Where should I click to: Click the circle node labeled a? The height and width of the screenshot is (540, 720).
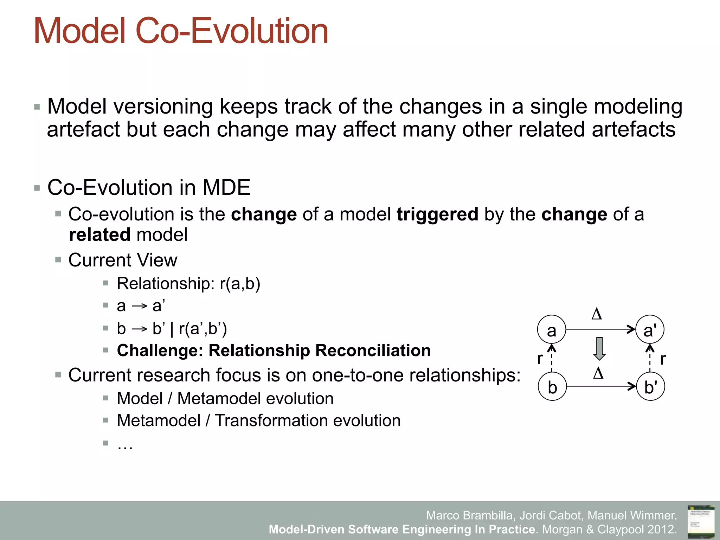coord(551,329)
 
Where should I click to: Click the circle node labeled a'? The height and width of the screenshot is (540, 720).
coord(650,329)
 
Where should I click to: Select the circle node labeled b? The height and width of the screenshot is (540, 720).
coord(552,386)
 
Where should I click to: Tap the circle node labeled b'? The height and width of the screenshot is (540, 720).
coord(650,386)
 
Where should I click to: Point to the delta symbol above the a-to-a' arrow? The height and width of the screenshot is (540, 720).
coord(597,314)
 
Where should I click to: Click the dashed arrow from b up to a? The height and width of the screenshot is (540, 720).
coord(552,358)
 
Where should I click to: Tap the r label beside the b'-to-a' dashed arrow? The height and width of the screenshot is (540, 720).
coord(663,359)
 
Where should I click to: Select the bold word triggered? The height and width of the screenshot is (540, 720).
coord(437,214)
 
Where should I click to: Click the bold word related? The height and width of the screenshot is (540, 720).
coord(99,235)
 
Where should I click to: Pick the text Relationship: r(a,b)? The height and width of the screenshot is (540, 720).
coord(188,283)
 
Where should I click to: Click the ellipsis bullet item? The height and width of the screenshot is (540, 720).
coord(125,445)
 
